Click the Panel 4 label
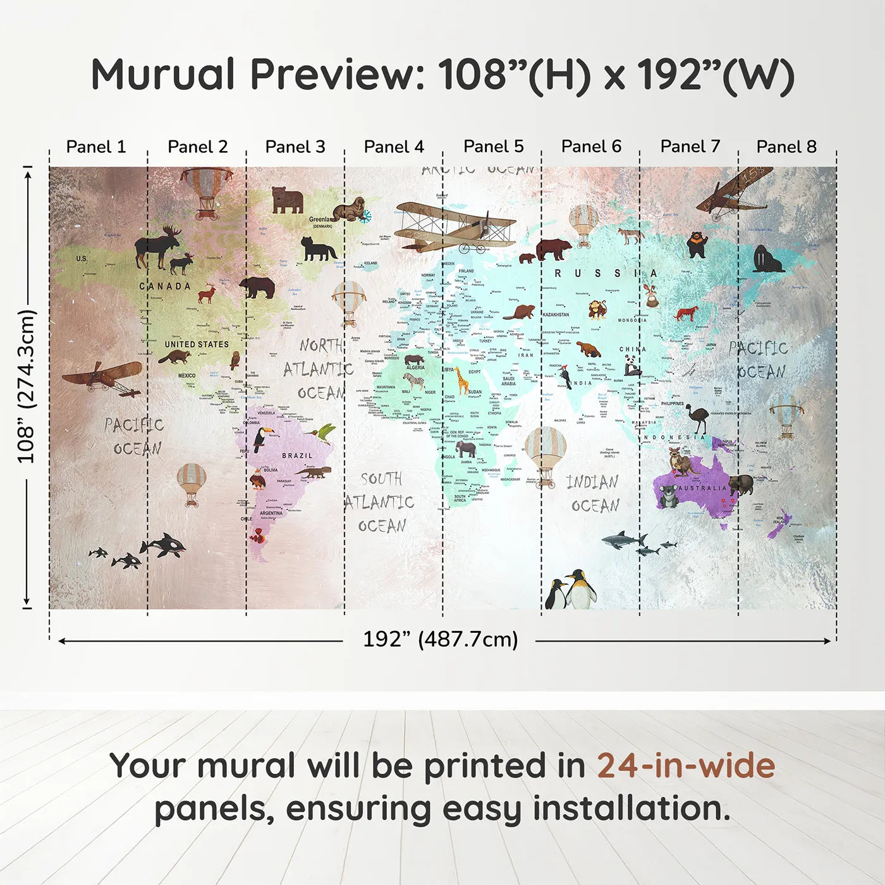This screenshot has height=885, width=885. click(394, 147)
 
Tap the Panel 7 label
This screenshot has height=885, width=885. click(690, 147)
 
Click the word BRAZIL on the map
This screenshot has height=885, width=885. click(297, 455)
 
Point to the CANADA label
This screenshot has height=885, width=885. click(165, 286)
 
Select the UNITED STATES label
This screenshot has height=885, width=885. click(197, 345)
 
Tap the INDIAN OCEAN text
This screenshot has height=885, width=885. click(594, 494)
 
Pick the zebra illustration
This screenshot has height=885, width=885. click(414, 381)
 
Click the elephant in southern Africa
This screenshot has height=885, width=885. click(466, 449)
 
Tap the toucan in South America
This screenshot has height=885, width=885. click(262, 439)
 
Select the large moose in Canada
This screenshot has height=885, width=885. click(156, 247)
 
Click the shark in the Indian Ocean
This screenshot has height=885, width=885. click(623, 540)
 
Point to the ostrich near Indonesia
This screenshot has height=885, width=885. click(698, 418)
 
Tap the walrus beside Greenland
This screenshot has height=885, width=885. click(350, 209)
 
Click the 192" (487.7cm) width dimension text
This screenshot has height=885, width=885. click(440, 639)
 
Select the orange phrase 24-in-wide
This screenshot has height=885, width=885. click(686, 766)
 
